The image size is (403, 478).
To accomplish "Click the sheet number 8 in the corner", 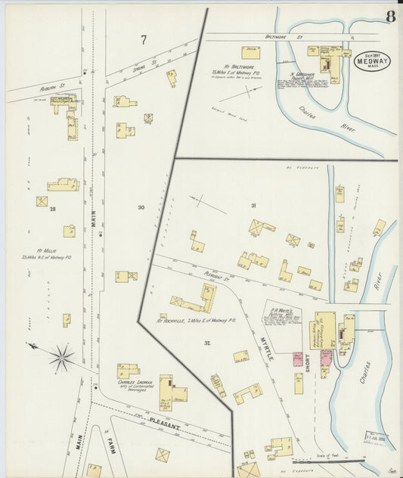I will (x=389, y=17).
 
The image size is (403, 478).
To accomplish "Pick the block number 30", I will (x=141, y=206).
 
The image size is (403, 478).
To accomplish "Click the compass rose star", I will (x=60, y=355).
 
